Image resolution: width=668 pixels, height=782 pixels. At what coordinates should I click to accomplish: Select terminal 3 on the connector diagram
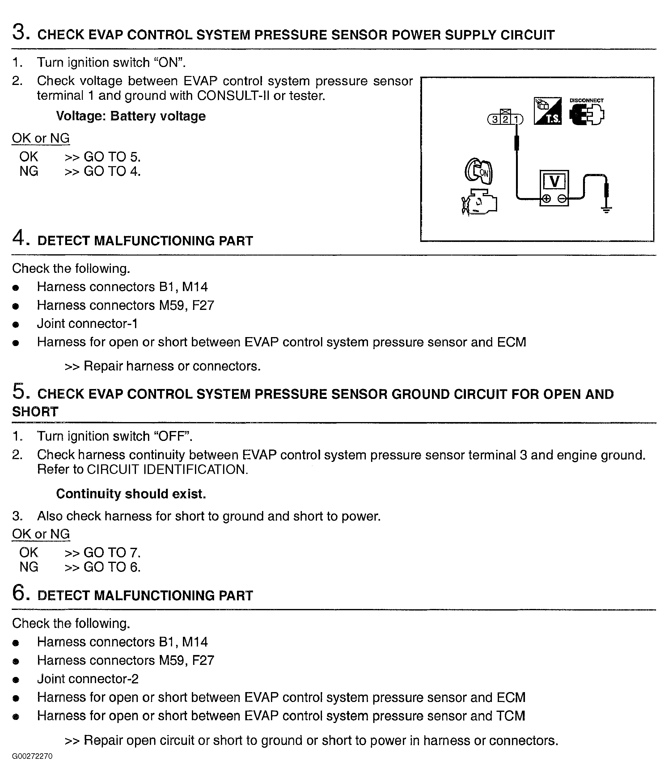click(494, 120)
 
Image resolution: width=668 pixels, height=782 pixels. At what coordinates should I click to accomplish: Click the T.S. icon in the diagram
click(547, 111)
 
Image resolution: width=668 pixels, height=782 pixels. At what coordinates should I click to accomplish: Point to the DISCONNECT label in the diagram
click(586, 100)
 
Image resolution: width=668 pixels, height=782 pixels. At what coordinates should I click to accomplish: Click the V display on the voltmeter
click(554, 182)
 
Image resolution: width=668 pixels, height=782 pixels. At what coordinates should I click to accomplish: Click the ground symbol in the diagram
click(606, 209)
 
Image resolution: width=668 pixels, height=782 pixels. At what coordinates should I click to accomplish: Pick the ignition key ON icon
click(479, 171)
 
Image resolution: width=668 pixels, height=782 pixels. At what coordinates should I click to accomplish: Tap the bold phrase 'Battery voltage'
click(158, 116)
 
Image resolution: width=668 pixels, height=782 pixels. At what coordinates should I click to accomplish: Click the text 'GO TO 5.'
click(112, 157)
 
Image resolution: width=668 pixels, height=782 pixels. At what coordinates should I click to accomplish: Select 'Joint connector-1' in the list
click(87, 323)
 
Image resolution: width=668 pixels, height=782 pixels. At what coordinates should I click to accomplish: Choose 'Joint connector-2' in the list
click(87, 678)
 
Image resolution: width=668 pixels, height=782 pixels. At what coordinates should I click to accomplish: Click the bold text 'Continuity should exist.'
click(131, 494)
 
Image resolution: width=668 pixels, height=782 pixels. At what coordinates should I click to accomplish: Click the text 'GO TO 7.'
click(112, 552)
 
